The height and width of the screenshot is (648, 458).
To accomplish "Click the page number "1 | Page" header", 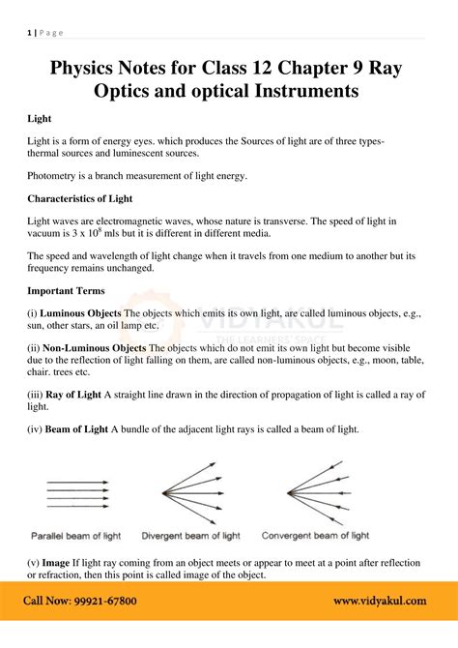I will (x=45, y=33).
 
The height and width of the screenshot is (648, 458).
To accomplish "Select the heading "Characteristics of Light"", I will (x=79, y=198).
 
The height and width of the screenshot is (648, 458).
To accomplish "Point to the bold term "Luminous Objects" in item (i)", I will (x=82, y=313).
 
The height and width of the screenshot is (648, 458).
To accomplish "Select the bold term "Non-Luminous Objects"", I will (x=96, y=348).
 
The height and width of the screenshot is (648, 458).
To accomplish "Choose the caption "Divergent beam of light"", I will (x=191, y=535).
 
